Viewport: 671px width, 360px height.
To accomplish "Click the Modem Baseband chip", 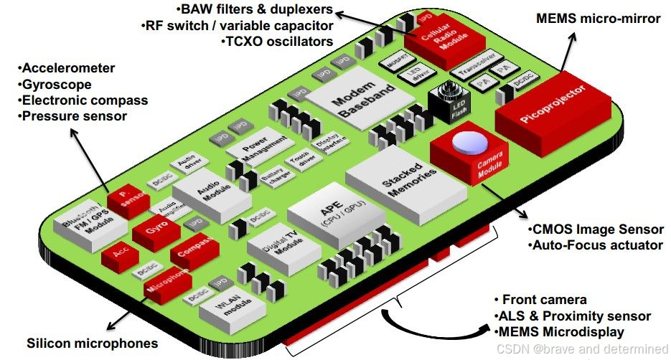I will click(358, 101).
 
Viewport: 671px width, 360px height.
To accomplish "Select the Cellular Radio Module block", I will click(438, 42).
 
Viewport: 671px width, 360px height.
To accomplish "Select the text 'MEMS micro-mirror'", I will click(598, 19).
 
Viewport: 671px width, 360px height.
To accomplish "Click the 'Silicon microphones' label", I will click(92, 343).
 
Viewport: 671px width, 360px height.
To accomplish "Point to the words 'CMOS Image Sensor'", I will click(597, 229).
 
